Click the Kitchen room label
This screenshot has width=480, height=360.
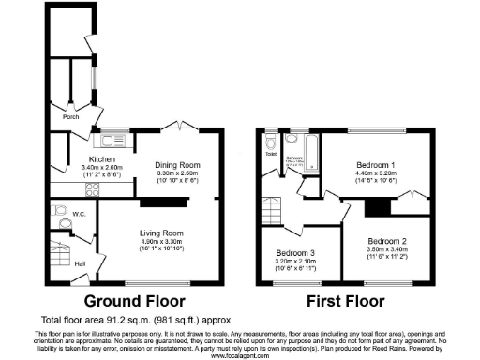pyautogui.click(x=101, y=159)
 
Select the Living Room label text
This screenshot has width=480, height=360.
pyautogui.click(x=161, y=232)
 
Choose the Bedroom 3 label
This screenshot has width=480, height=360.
pyautogui.click(x=293, y=252)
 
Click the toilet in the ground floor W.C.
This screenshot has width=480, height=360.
pyautogui.click(x=61, y=210)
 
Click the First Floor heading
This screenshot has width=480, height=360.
pyautogui.click(x=345, y=302)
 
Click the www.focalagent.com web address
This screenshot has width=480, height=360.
pyautogui.click(x=240, y=355)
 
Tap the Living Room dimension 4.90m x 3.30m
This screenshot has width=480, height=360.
pyautogui.click(x=161, y=241)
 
